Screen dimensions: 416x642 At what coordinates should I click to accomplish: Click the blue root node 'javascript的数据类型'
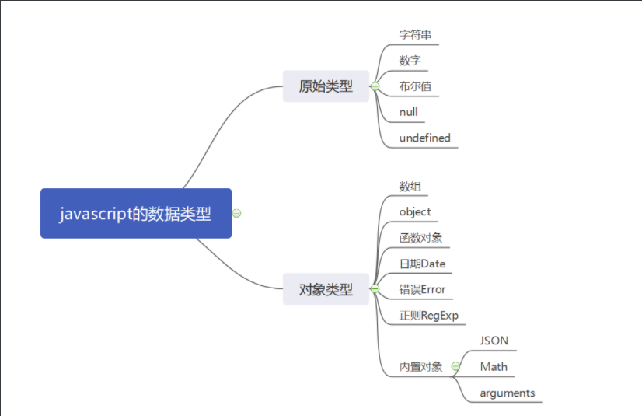(x=136, y=213)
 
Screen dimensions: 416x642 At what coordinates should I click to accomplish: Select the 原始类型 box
(x=326, y=86)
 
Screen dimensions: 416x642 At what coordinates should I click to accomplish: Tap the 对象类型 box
(x=326, y=289)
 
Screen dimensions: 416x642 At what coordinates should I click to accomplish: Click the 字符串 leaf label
(x=416, y=35)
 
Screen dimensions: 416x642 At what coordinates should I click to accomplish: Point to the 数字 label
(x=410, y=60)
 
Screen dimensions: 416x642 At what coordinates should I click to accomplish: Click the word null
(x=409, y=112)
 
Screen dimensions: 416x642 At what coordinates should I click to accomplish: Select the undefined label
(x=424, y=138)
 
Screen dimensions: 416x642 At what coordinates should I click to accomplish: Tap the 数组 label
(x=410, y=186)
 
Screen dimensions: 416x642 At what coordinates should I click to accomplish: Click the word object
(x=415, y=211)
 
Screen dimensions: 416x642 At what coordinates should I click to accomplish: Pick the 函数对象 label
(x=420, y=237)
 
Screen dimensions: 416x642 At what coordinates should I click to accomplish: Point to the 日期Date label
(x=422, y=264)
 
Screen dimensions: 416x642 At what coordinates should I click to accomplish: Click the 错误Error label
(x=422, y=289)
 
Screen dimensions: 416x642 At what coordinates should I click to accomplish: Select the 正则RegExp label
(x=429, y=315)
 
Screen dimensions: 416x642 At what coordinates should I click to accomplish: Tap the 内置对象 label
(x=420, y=367)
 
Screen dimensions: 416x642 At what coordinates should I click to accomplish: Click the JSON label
(x=494, y=341)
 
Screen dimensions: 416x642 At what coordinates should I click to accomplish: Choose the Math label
(x=494, y=366)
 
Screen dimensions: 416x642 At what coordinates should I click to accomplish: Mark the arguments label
(x=508, y=393)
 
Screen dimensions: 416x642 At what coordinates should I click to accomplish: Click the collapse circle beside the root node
(x=237, y=213)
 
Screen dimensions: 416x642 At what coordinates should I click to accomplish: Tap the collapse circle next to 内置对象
(x=455, y=366)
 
